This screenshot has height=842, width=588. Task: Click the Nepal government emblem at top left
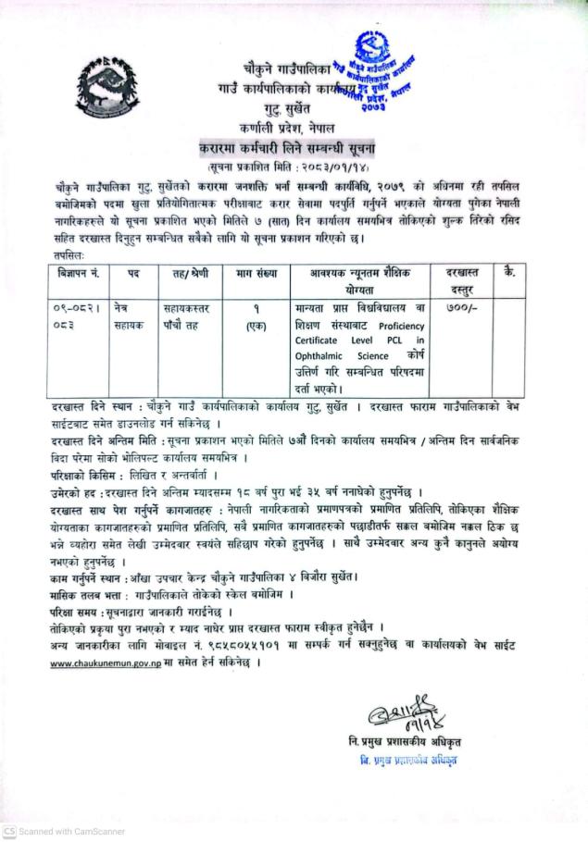click(109, 92)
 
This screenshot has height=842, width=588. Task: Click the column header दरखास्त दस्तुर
click(460, 281)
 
